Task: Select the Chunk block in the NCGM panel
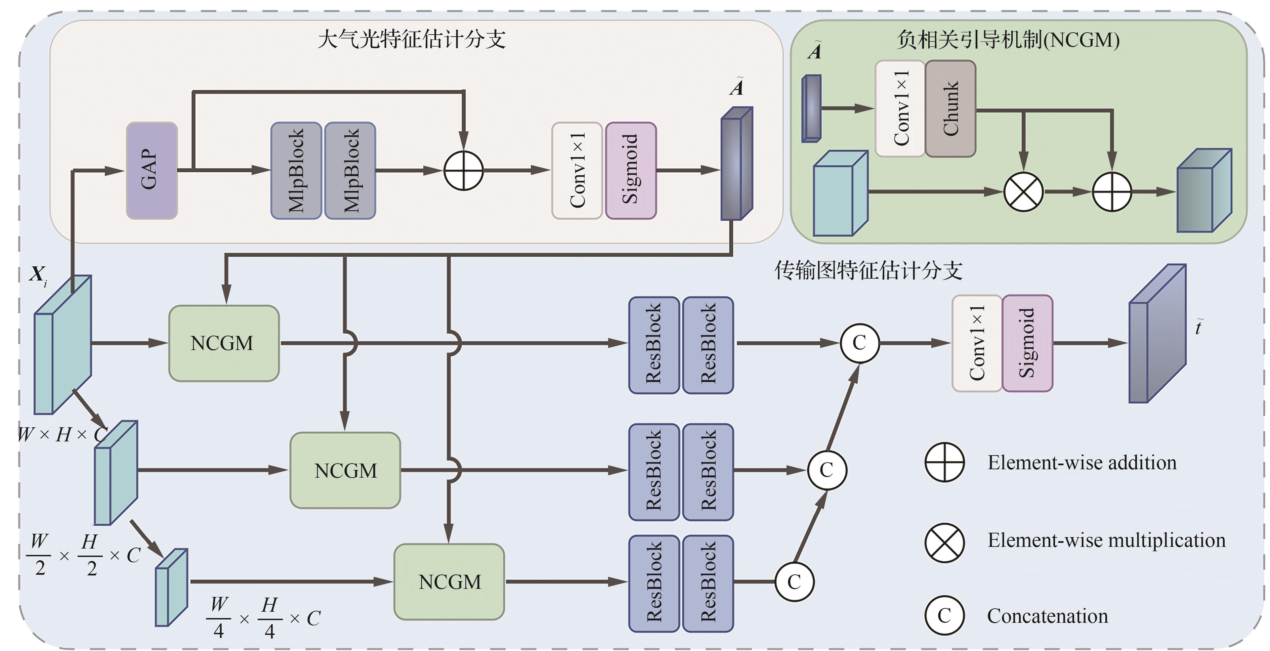[950, 108]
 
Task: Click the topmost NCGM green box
[224, 343]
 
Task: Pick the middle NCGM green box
[345, 470]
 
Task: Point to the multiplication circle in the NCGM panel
[1023, 192]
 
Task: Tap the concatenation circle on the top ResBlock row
[859, 343]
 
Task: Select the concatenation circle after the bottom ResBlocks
[794, 581]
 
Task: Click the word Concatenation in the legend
[1047, 616]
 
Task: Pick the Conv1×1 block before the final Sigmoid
[977, 343]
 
